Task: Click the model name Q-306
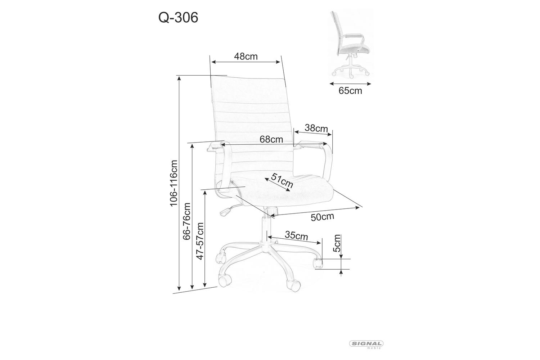(179, 18)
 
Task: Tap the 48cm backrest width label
(246, 57)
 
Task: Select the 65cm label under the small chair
(350, 91)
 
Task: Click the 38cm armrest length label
(316, 128)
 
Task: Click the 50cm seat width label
(322, 217)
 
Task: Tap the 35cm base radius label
(296, 236)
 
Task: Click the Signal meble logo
(365, 344)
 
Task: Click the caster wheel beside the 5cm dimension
(318, 263)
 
